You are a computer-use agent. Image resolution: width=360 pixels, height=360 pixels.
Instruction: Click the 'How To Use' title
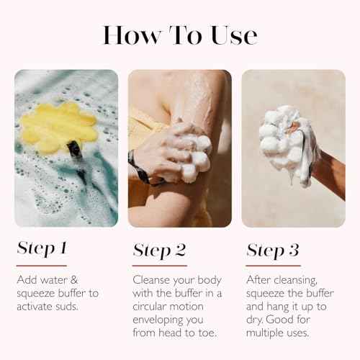179,35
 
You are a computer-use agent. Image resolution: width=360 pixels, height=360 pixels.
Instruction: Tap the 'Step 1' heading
42,249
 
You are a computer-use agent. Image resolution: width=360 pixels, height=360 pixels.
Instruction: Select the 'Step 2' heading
159,251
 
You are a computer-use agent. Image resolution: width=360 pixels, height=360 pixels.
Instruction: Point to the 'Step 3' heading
273,251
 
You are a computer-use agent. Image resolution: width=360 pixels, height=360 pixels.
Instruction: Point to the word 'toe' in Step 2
210,334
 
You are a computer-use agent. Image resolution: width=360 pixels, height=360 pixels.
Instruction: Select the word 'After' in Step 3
259,279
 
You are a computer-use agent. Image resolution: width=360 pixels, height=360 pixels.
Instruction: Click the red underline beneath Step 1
41,265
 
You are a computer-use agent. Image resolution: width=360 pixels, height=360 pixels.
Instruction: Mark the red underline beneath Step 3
272,266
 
